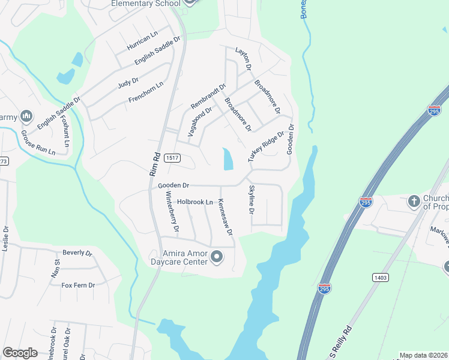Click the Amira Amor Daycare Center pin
pos(217,258)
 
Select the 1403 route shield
pos(381,277)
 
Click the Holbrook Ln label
pos(195,202)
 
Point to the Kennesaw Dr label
pos(225,217)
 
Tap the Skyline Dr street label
pos(252,200)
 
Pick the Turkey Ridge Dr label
pos(265,146)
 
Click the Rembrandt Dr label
pos(208,96)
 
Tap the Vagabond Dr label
pos(200,122)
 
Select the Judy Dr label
pos(128,81)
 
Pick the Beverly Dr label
pos(77,253)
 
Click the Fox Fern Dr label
pos(78,285)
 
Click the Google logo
pos(20,353)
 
